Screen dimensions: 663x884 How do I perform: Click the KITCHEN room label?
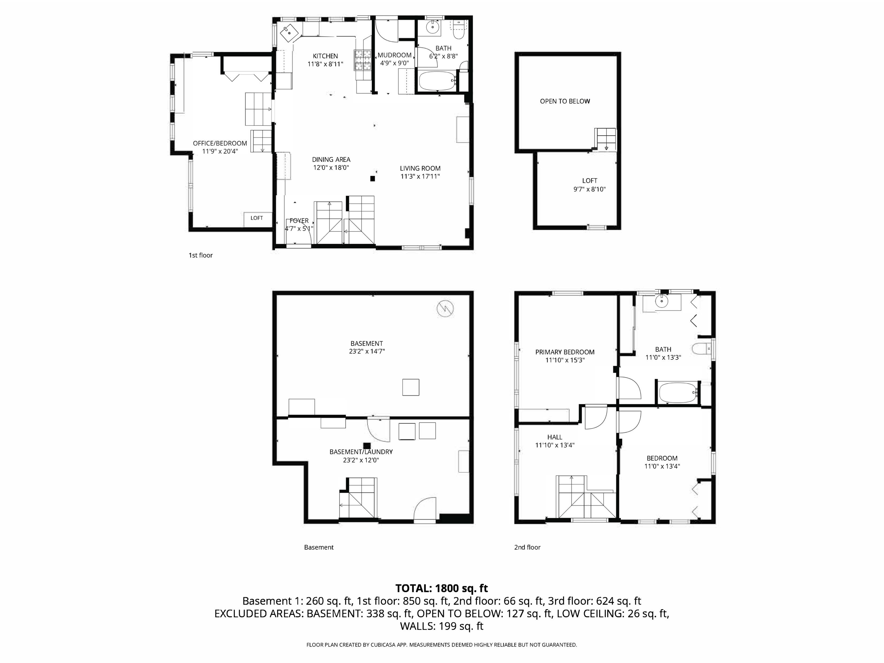tap(325, 56)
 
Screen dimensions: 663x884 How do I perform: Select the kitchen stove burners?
tap(363, 60)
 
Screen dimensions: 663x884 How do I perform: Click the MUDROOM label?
tap(394, 55)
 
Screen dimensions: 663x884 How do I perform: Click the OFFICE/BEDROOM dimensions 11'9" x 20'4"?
tap(220, 151)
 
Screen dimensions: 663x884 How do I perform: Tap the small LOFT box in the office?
tap(256, 218)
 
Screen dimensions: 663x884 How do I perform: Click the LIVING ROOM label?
tap(420, 169)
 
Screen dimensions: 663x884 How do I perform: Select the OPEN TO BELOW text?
tap(565, 102)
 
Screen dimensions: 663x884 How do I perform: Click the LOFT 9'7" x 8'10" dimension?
tap(590, 189)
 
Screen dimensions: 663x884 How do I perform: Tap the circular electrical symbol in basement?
tap(445, 308)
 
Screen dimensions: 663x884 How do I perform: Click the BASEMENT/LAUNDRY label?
tap(361, 452)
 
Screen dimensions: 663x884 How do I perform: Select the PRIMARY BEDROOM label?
tap(565, 352)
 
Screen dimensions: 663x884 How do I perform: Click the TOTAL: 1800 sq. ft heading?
tap(441, 588)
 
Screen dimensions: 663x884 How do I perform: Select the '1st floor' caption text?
tap(201, 255)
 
